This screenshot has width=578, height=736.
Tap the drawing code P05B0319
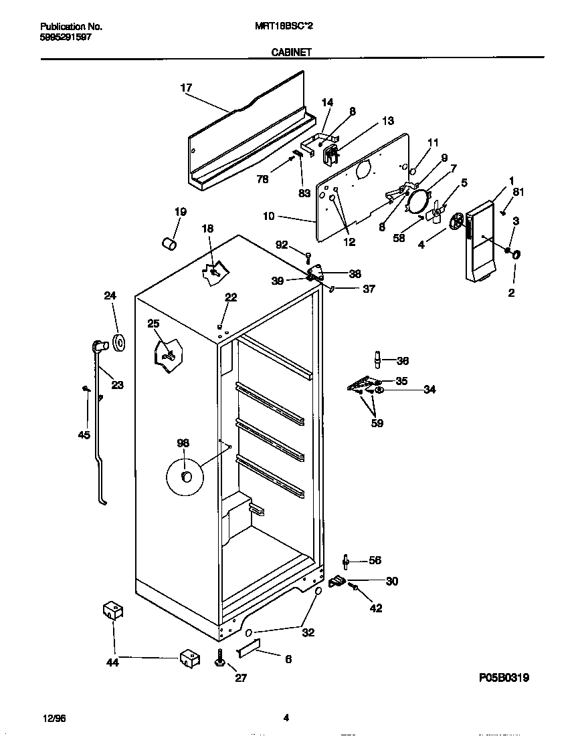click(x=504, y=678)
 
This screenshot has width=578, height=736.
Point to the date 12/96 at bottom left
click(x=53, y=719)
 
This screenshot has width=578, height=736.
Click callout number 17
click(x=186, y=88)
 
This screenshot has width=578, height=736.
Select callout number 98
click(x=183, y=443)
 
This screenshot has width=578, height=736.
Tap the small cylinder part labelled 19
click(x=170, y=242)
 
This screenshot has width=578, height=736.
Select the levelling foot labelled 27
click(x=219, y=660)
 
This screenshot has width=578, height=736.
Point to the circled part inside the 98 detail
click(x=186, y=476)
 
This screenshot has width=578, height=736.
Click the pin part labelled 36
click(x=378, y=360)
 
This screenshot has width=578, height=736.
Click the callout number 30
click(x=391, y=582)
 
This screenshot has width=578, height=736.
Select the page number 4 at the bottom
click(x=286, y=719)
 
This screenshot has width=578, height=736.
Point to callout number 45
click(x=84, y=436)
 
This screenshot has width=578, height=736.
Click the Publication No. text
click(x=71, y=27)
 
